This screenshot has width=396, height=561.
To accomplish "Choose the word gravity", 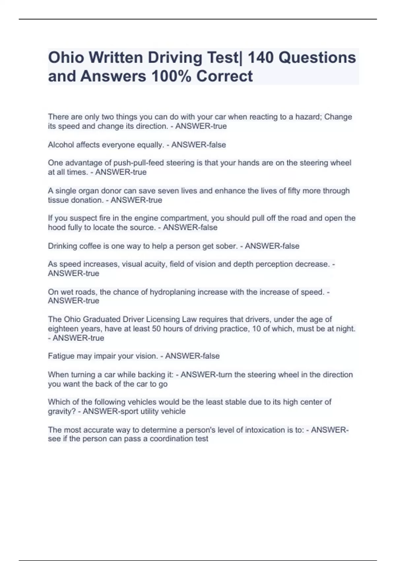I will point(61,412).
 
